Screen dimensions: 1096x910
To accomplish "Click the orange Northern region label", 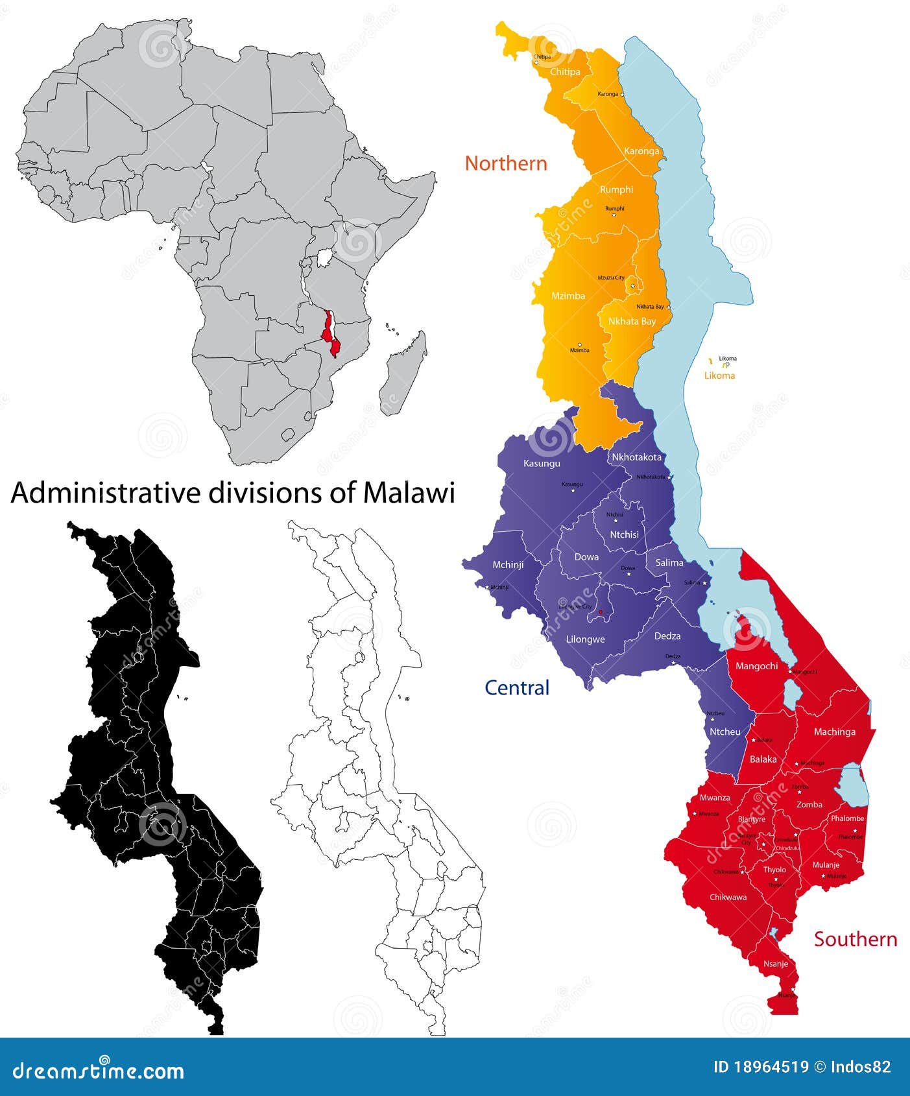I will pos(506,163).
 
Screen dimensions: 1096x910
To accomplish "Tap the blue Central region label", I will pos(517,687).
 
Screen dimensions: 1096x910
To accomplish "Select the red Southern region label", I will pos(856,939).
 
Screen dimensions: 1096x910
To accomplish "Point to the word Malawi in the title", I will pos(409,494).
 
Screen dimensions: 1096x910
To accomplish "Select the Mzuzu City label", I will pos(611,278).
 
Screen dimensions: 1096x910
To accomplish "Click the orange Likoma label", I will pos(721,375).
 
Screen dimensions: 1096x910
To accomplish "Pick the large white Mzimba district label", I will pos(568,296).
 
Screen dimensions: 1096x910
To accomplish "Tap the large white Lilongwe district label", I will pos(585,639).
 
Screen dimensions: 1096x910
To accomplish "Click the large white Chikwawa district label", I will pos(728,898).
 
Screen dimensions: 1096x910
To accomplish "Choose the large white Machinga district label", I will pos(834,732).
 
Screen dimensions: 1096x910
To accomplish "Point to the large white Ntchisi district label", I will pos(625,534).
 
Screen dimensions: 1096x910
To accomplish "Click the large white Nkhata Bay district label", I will pos(632,321).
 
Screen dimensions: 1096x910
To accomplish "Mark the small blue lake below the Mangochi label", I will pos(791,695).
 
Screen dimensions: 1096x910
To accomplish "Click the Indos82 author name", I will pos(861,1067).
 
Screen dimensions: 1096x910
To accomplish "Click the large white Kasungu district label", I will pos(542,464).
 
